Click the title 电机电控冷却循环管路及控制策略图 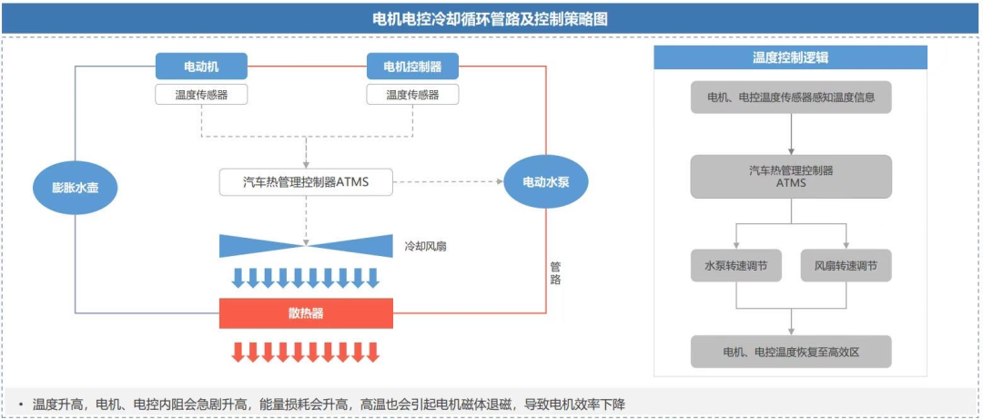click(491, 18)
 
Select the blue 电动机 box click(201, 67)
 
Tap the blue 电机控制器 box click(412, 67)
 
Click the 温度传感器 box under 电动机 click(201, 94)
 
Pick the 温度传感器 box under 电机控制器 click(412, 94)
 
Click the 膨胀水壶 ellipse click(76, 188)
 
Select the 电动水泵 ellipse click(546, 181)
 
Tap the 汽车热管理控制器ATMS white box click(306, 181)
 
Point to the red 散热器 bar click(306, 312)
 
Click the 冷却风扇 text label click(425, 246)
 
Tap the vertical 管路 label click(555, 273)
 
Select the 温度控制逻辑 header click(790, 57)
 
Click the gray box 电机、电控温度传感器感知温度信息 click(790, 97)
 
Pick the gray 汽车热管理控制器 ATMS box click(790, 176)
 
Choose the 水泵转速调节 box click(735, 266)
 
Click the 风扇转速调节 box click(846, 266)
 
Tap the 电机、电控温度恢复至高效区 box click(790, 351)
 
